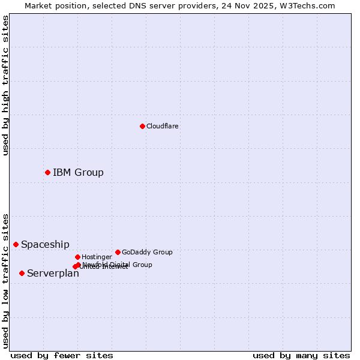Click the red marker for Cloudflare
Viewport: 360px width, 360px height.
(142, 126)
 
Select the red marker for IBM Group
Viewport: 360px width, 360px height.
(47, 173)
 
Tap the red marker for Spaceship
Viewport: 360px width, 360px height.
(16, 244)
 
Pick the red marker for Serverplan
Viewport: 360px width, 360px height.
(22, 273)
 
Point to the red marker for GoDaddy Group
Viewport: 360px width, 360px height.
(118, 252)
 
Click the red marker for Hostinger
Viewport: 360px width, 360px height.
(77, 257)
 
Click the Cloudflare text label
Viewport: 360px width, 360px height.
(163, 126)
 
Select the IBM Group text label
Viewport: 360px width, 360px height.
(78, 173)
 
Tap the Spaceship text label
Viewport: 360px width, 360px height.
(45, 244)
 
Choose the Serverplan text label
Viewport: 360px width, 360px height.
(53, 273)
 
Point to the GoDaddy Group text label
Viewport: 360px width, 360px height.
(147, 252)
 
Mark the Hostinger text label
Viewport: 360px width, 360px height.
(97, 257)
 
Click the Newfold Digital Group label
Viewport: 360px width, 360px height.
(118, 264)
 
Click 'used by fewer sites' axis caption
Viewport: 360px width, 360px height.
(62, 355)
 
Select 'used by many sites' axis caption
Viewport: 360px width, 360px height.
(301, 355)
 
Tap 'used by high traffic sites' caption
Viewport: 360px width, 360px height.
(5, 85)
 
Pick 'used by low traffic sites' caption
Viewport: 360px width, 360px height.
(5, 281)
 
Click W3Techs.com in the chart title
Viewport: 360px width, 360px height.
(311, 5)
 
